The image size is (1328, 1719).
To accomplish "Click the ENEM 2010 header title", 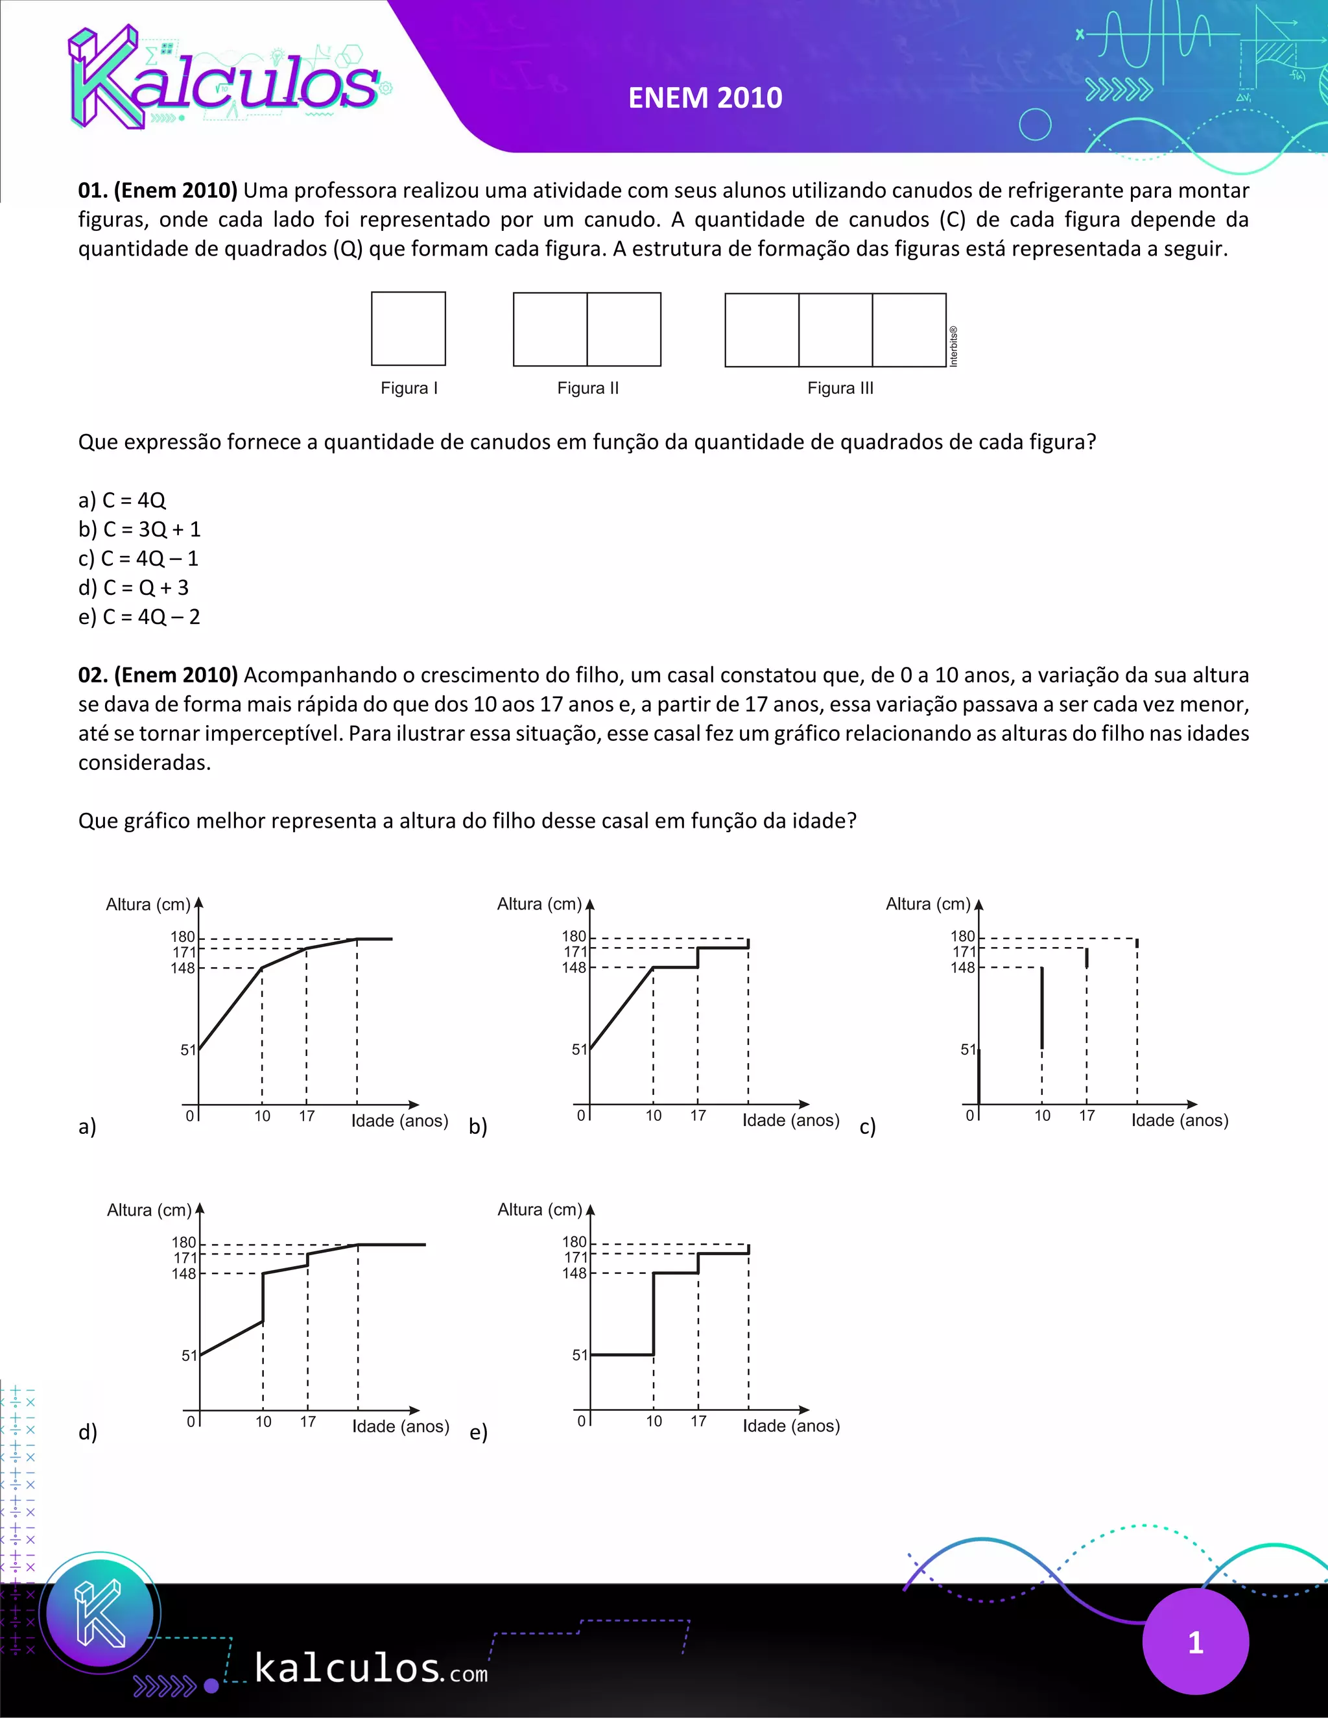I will (705, 97).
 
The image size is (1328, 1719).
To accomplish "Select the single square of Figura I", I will (409, 329).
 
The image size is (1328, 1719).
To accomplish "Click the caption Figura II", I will (587, 388).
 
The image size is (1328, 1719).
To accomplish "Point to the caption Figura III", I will (840, 388).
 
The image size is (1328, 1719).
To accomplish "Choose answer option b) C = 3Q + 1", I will (140, 529).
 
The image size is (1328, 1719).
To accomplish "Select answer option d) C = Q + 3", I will (134, 587).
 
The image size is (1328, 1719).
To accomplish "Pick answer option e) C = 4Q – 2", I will (139, 616).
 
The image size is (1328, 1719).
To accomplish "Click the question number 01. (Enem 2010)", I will (158, 191).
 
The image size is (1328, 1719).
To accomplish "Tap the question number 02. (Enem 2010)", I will (158, 675).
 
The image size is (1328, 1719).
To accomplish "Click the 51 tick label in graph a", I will (188, 1050).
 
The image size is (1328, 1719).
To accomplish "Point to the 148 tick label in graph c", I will (963, 967).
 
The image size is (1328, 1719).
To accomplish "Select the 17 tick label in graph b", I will (698, 1115).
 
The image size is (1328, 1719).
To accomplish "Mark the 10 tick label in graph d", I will (263, 1421).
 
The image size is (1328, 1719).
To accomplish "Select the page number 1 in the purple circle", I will (1195, 1642).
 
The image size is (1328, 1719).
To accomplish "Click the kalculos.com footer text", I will (370, 1668).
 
